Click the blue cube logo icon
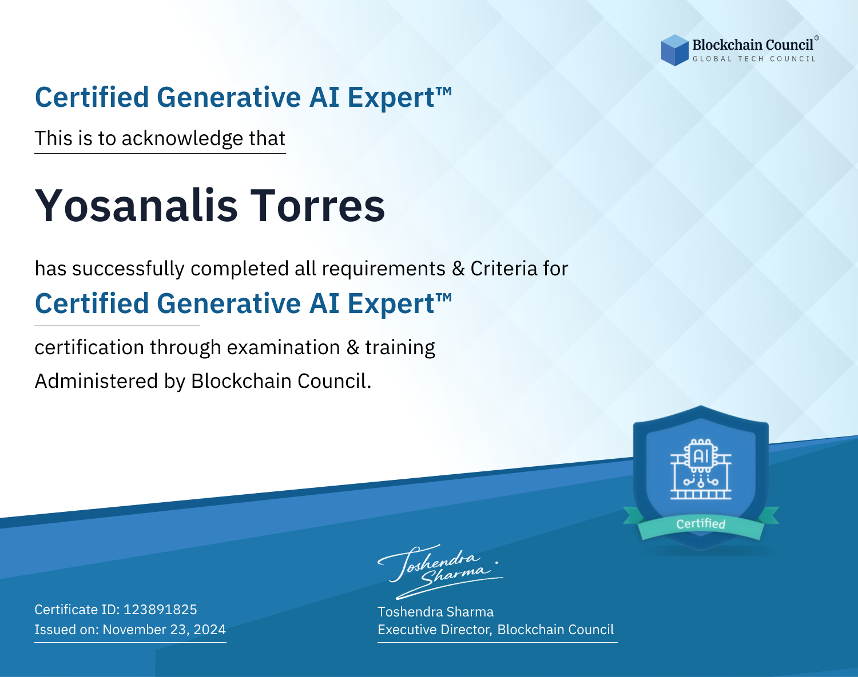(x=674, y=50)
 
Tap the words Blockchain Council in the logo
(x=753, y=45)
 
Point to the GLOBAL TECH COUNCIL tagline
(x=754, y=59)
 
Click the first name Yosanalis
(x=136, y=206)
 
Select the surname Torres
(x=317, y=206)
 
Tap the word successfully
(x=128, y=269)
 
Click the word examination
(x=284, y=347)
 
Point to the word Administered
(x=97, y=381)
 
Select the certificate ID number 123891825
(x=160, y=609)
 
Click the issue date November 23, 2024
(x=164, y=630)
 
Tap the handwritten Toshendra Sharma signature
(x=440, y=571)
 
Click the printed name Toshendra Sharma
(x=435, y=612)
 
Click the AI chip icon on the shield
(x=701, y=468)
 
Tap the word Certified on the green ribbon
(x=701, y=524)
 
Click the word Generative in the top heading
(x=228, y=98)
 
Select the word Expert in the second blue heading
(x=391, y=305)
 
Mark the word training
(x=400, y=347)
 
